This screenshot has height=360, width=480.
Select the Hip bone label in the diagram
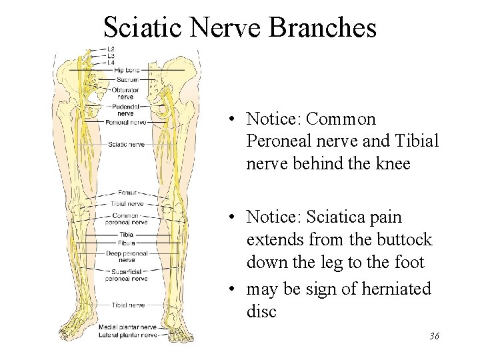(125, 70)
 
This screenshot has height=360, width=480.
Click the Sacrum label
(125, 79)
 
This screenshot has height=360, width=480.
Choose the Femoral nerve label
(125, 123)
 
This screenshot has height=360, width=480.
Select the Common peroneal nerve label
(125, 219)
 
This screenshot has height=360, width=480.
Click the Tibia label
(125, 235)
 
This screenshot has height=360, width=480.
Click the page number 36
(433, 337)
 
